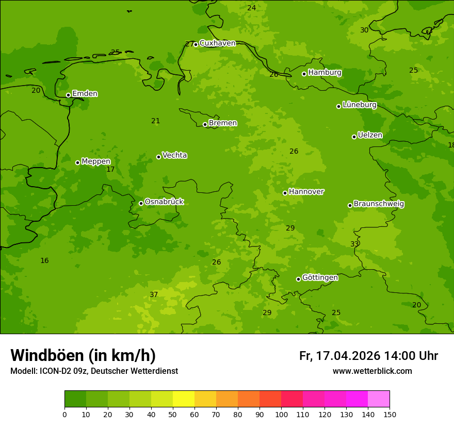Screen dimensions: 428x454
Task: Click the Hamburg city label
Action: tap(325, 73)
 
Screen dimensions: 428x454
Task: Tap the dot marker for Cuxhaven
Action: tap(196, 44)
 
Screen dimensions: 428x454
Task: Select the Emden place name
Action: tap(85, 94)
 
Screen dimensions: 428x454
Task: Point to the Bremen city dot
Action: tap(205, 124)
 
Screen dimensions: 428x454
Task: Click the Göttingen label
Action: tap(320, 277)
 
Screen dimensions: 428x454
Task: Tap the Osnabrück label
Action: tap(164, 202)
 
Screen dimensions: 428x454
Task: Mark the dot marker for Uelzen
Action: tap(354, 137)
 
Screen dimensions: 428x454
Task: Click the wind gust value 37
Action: tap(154, 295)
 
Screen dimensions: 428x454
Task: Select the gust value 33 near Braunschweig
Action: tap(354, 244)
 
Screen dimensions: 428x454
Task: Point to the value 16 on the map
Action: tap(44, 261)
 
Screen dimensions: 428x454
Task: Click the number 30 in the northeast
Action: tap(364, 30)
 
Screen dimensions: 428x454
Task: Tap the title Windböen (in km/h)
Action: tap(83, 355)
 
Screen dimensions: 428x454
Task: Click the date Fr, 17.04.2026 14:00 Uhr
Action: tap(368, 356)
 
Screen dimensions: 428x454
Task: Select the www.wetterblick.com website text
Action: tap(372, 371)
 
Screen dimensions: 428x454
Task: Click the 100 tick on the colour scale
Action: tap(281, 414)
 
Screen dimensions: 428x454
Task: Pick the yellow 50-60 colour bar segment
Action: tap(184, 399)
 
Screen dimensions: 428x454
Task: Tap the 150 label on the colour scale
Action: tap(390, 414)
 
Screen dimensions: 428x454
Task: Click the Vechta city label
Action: tap(174, 155)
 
